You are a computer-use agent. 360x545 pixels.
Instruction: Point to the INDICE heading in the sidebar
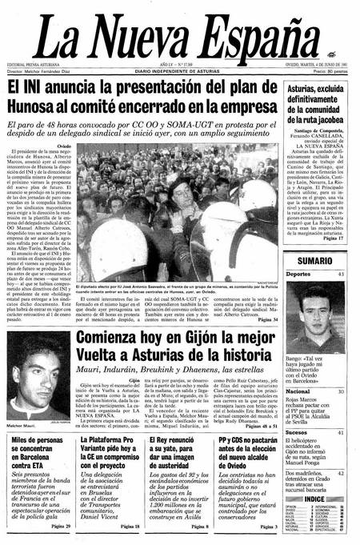314,478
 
